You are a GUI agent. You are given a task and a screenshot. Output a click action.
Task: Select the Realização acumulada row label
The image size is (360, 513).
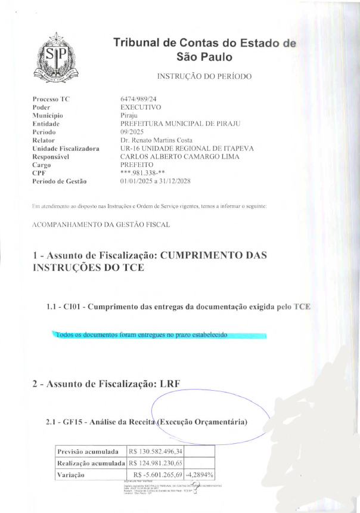90,463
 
